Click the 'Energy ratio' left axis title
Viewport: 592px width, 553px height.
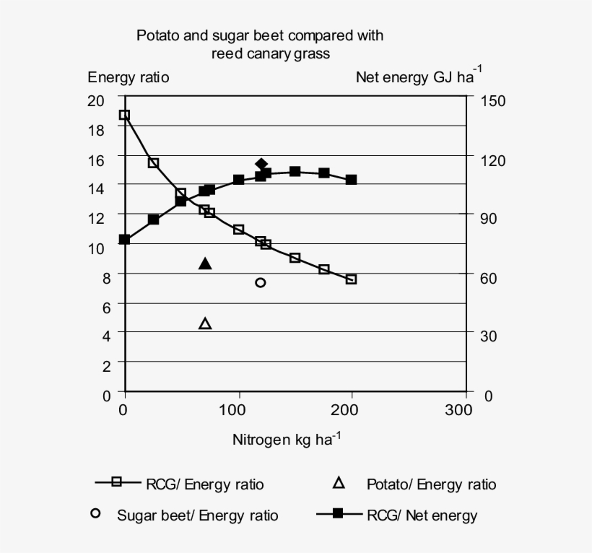click(x=129, y=77)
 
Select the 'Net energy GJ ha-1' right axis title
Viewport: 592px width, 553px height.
click(x=419, y=77)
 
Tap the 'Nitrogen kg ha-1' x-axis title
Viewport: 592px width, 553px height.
click(x=286, y=439)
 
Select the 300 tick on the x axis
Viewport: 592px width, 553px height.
click(x=457, y=411)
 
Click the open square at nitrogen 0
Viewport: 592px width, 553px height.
click(x=124, y=115)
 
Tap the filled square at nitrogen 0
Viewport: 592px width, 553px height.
click(x=124, y=239)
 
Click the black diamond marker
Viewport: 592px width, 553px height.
click(x=262, y=165)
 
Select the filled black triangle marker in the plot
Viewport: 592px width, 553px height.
click(x=205, y=264)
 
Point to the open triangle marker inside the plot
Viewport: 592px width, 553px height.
click(x=205, y=323)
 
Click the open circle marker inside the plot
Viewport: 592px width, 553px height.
click(x=261, y=282)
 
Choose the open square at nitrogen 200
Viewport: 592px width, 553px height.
click(x=352, y=279)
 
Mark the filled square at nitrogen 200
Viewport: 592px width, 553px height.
click(x=352, y=180)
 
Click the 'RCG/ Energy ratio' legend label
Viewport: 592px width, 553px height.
click(x=204, y=484)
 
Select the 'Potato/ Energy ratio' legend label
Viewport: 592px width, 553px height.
click(x=431, y=484)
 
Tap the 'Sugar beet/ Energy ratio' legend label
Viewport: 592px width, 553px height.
click(x=197, y=515)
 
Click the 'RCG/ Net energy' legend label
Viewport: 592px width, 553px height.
click(x=422, y=515)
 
